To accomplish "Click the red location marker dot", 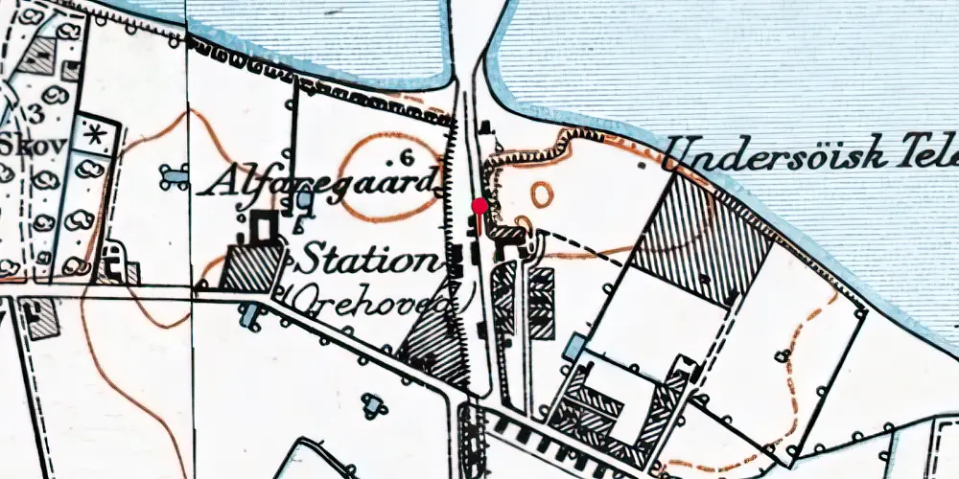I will pos(479,205).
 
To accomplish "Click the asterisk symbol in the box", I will pos(95,135).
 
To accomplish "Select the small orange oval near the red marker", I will pos(542,194).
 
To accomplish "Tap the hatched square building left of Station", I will pos(251,267).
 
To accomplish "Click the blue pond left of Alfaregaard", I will pos(175,175).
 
